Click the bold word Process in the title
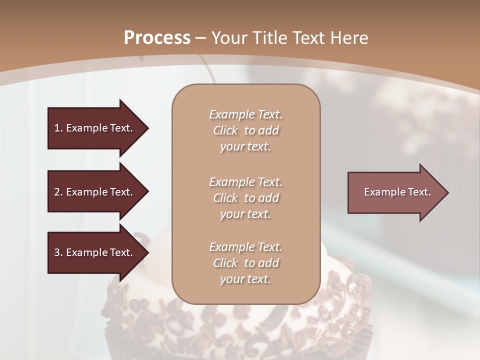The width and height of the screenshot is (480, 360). click(157, 38)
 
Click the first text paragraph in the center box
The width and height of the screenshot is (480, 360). click(245, 130)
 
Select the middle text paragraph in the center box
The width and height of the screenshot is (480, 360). click(245, 198)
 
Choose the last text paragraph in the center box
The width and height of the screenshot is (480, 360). click(245, 263)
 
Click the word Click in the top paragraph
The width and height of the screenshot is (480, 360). click(225, 130)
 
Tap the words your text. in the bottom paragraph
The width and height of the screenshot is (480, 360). click(245, 279)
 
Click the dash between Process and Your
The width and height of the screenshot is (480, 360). click(201, 38)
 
